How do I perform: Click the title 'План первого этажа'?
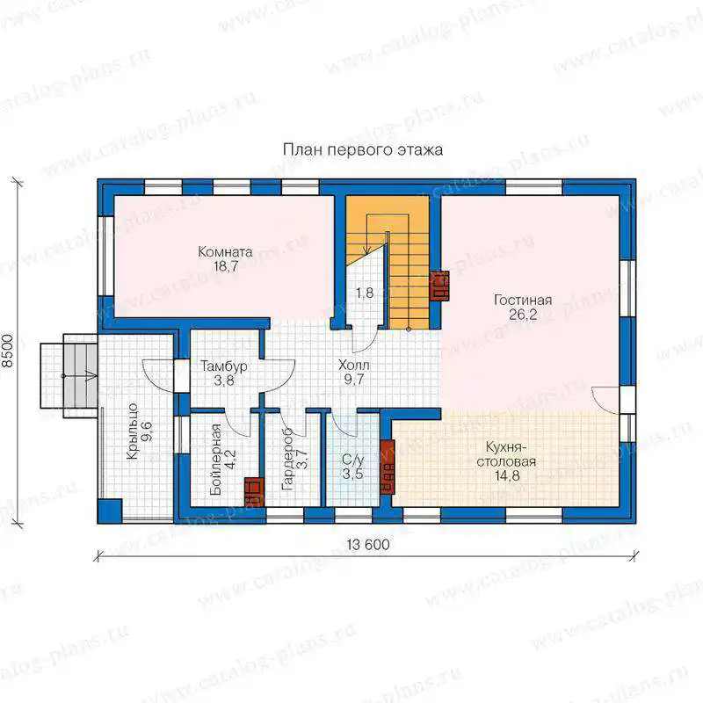point(363,149)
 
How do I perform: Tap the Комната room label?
point(225,251)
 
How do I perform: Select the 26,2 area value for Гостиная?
point(523,315)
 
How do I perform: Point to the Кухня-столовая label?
point(506,454)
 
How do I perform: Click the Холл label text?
point(354,365)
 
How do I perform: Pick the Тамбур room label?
point(224,366)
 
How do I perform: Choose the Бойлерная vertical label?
point(215,459)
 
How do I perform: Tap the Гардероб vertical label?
point(287,458)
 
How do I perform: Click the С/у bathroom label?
point(353,460)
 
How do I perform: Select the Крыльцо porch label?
point(133,431)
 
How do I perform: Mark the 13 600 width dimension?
point(368,544)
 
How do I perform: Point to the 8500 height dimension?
point(8,351)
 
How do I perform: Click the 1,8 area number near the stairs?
point(365,293)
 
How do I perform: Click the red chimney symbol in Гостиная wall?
point(440,286)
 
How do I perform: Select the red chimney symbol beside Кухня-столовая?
point(388,467)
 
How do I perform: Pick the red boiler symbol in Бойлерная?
point(254,492)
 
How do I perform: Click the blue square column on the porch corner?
point(110,511)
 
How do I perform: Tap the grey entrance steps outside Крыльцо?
point(80,376)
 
